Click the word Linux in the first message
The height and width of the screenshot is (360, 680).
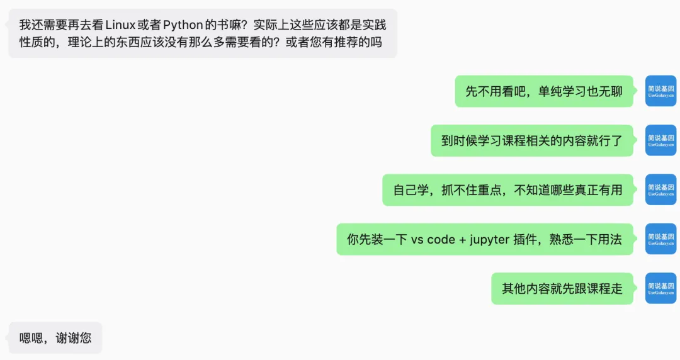click(x=120, y=25)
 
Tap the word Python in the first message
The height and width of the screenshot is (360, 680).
click(x=183, y=25)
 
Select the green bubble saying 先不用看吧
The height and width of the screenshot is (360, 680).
click(x=544, y=91)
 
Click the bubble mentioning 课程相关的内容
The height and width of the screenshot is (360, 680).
click(x=532, y=141)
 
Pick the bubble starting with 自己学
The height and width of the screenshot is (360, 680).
click(x=507, y=190)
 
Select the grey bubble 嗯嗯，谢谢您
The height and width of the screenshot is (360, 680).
click(x=55, y=338)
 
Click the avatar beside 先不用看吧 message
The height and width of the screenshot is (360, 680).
click(x=660, y=91)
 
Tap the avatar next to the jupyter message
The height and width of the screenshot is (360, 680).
click(x=660, y=239)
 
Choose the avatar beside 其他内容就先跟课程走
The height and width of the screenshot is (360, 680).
click(x=660, y=289)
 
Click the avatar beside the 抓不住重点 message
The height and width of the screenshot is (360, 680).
click(x=660, y=190)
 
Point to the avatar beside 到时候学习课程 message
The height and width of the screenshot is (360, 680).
click(x=660, y=141)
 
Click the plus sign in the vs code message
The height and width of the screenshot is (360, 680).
click(x=462, y=239)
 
